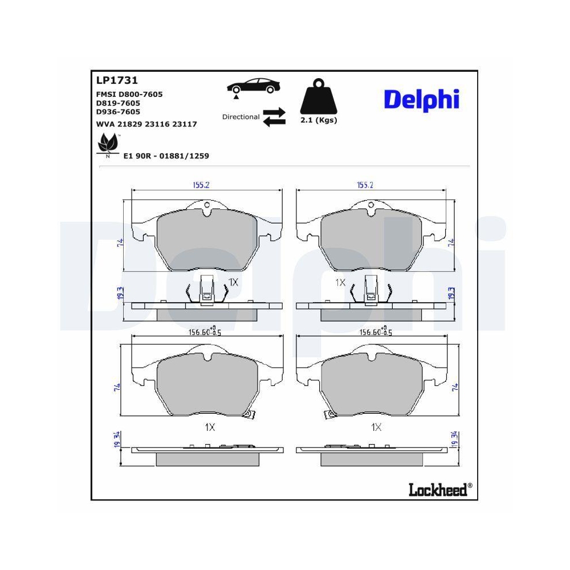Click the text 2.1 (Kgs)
click(x=319, y=120)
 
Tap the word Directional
click(x=241, y=117)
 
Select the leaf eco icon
click(x=108, y=144)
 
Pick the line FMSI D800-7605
click(x=130, y=94)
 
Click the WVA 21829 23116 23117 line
click(x=147, y=124)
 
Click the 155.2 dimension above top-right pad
click(x=365, y=185)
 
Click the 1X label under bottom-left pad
click(x=209, y=427)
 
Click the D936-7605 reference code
click(x=118, y=112)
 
